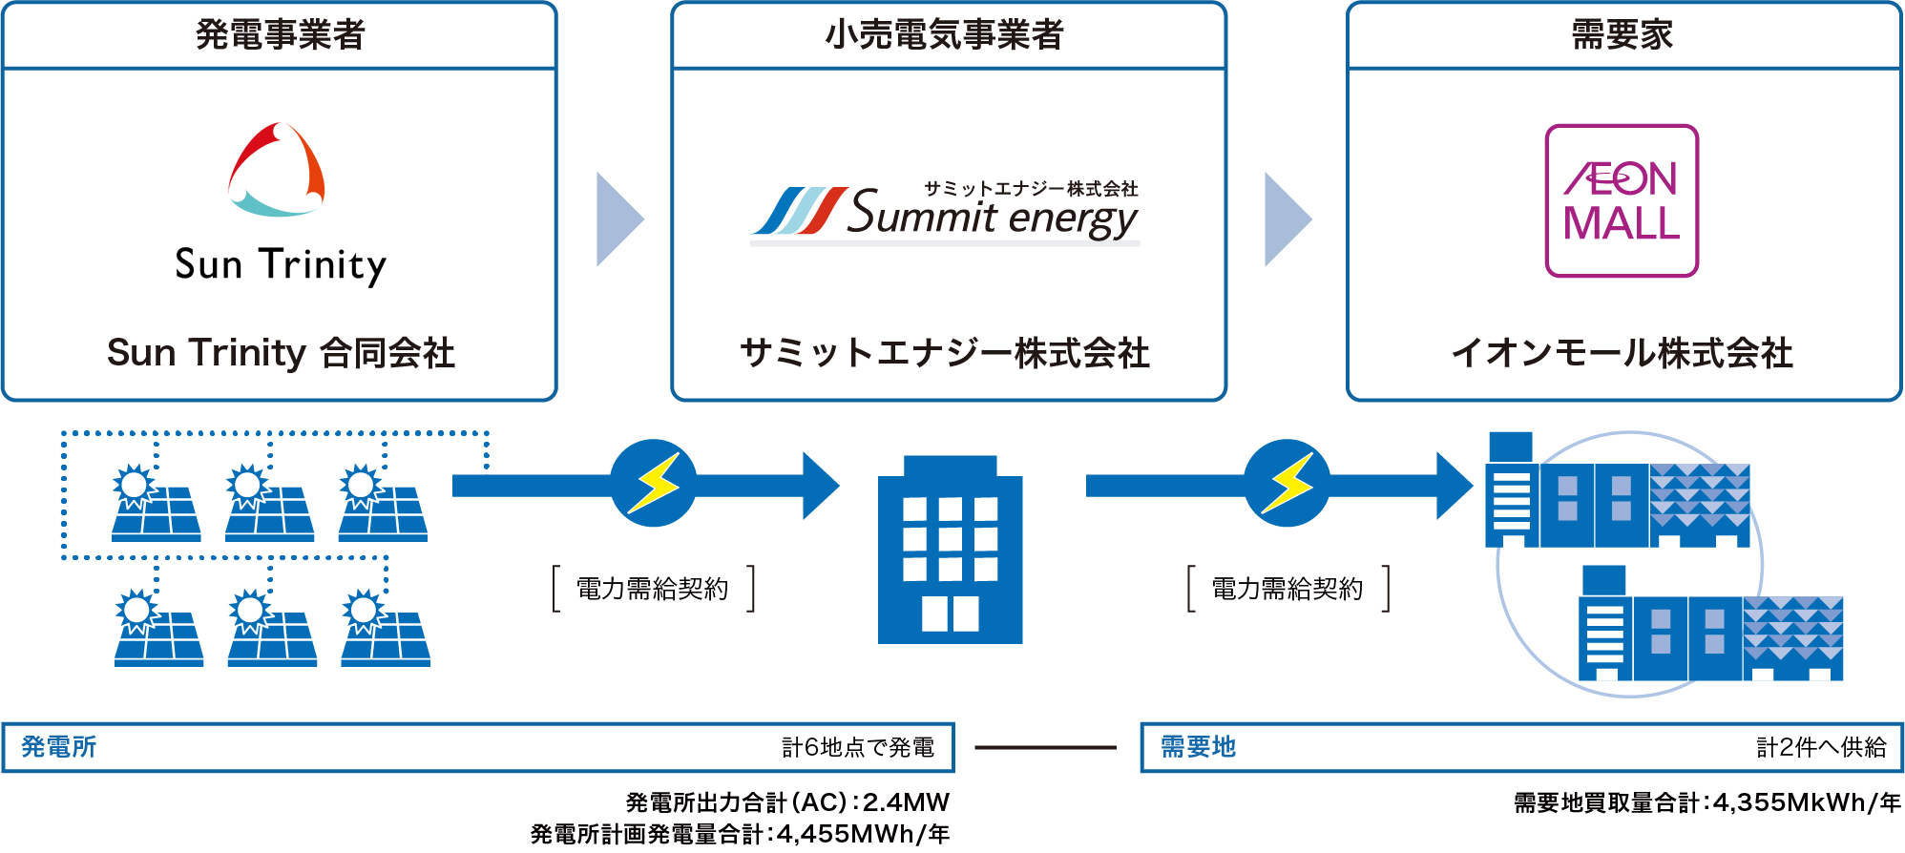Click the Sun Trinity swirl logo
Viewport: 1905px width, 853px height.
pos(277,170)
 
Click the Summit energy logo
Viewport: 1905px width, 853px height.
pos(945,212)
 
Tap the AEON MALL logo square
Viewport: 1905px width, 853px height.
pos(1622,201)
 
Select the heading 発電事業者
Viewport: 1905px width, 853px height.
pos(280,35)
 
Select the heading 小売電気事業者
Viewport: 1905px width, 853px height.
pos(944,35)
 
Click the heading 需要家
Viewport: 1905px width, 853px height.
pos(1622,35)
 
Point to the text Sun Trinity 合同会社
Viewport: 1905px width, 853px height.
pos(280,353)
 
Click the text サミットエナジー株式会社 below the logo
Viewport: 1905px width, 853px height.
pos(944,353)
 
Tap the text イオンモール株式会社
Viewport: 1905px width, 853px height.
pos(1622,353)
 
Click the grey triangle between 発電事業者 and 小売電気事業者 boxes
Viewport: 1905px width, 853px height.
pos(617,219)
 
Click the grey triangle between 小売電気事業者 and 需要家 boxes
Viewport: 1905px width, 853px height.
pos(1285,219)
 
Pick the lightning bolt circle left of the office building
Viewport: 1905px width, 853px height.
pos(654,483)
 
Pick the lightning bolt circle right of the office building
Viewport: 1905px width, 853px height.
pos(1287,483)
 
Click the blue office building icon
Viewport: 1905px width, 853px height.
pos(950,551)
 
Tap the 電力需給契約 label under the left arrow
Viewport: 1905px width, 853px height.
pos(653,589)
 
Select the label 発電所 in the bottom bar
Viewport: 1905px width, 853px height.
pos(59,747)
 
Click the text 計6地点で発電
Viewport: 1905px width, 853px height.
pos(857,747)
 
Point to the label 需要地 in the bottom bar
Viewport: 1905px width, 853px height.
pos(1198,747)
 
